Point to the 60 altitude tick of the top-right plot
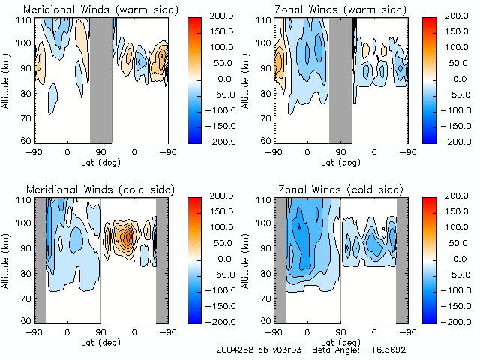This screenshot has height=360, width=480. (x=262, y=140)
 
